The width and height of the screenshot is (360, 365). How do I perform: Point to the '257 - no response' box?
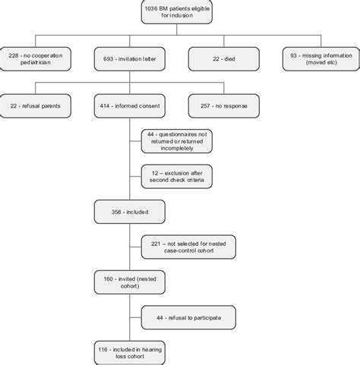click(x=224, y=102)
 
